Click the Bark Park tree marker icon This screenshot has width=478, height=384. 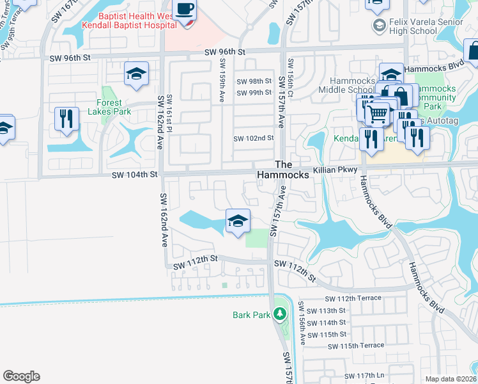tap(279, 314)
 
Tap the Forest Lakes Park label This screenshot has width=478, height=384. tap(113, 107)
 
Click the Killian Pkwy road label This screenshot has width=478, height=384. tap(332, 172)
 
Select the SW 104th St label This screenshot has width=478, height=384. tap(134, 174)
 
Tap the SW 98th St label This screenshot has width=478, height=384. tap(254, 81)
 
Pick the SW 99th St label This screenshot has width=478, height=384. tap(254, 93)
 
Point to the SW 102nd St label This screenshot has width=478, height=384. tap(253, 138)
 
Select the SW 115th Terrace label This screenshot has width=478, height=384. tap(356, 346)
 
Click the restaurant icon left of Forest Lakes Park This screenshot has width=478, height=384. tap(66, 119)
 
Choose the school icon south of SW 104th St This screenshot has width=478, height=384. tap(238, 222)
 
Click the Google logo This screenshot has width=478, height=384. tap(21, 376)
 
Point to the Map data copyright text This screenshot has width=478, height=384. tap(451, 379)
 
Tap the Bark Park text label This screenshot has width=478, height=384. tap(252, 314)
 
